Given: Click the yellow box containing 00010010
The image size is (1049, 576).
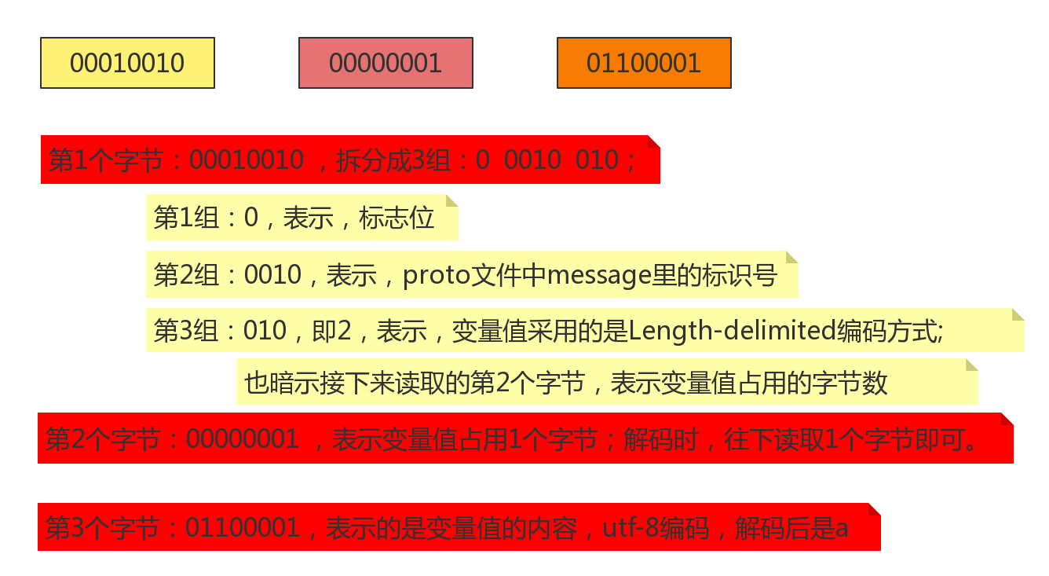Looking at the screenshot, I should click(x=127, y=63).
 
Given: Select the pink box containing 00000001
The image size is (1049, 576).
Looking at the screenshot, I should click(x=386, y=63).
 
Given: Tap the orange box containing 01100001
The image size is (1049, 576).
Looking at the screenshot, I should click(x=644, y=63).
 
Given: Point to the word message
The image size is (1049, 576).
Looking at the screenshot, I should click(x=599, y=276).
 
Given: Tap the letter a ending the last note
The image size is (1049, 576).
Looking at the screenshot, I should click(x=841, y=529).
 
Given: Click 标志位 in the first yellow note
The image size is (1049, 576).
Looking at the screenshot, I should click(x=397, y=218).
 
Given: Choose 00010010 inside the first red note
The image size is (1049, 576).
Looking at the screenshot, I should click(x=247, y=160).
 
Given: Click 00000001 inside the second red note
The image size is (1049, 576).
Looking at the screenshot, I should click(x=243, y=439).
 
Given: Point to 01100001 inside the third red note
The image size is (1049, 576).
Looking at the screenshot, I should click(x=243, y=528).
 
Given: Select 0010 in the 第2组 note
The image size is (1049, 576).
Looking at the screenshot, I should click(x=272, y=276).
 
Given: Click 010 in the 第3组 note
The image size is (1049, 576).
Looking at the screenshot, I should click(x=265, y=331).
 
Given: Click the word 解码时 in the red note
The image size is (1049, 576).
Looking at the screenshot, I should click(x=660, y=439).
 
